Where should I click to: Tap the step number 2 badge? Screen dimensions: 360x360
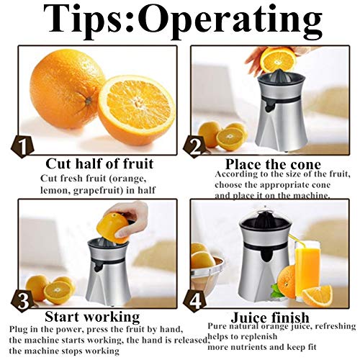tap(194, 147)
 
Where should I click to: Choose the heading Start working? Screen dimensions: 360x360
tap(92, 317)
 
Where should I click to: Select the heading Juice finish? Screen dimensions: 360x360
tap(269, 318)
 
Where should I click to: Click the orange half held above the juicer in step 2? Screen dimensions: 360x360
tap(276, 58)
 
